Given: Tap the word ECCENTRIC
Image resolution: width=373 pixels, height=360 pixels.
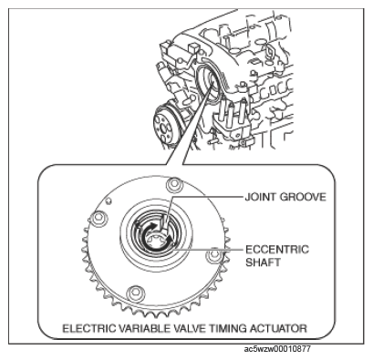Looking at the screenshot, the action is (x=277, y=250).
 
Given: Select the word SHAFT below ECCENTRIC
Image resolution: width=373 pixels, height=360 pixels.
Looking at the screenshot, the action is (x=263, y=262).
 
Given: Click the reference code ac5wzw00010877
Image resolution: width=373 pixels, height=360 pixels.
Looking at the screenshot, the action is (x=277, y=349).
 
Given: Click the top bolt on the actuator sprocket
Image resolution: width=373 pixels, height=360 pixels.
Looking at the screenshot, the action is (x=174, y=184).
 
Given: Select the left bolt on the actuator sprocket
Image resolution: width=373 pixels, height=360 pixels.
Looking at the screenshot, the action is (x=99, y=219).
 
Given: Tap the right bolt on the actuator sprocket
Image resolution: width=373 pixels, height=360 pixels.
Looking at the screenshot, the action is (x=214, y=255).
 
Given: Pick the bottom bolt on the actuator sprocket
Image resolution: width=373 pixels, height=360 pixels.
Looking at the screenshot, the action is (x=136, y=293).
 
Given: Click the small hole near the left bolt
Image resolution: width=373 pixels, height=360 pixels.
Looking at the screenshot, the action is (x=109, y=201).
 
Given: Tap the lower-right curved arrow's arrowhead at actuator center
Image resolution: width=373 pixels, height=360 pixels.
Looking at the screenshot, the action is (x=168, y=240).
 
